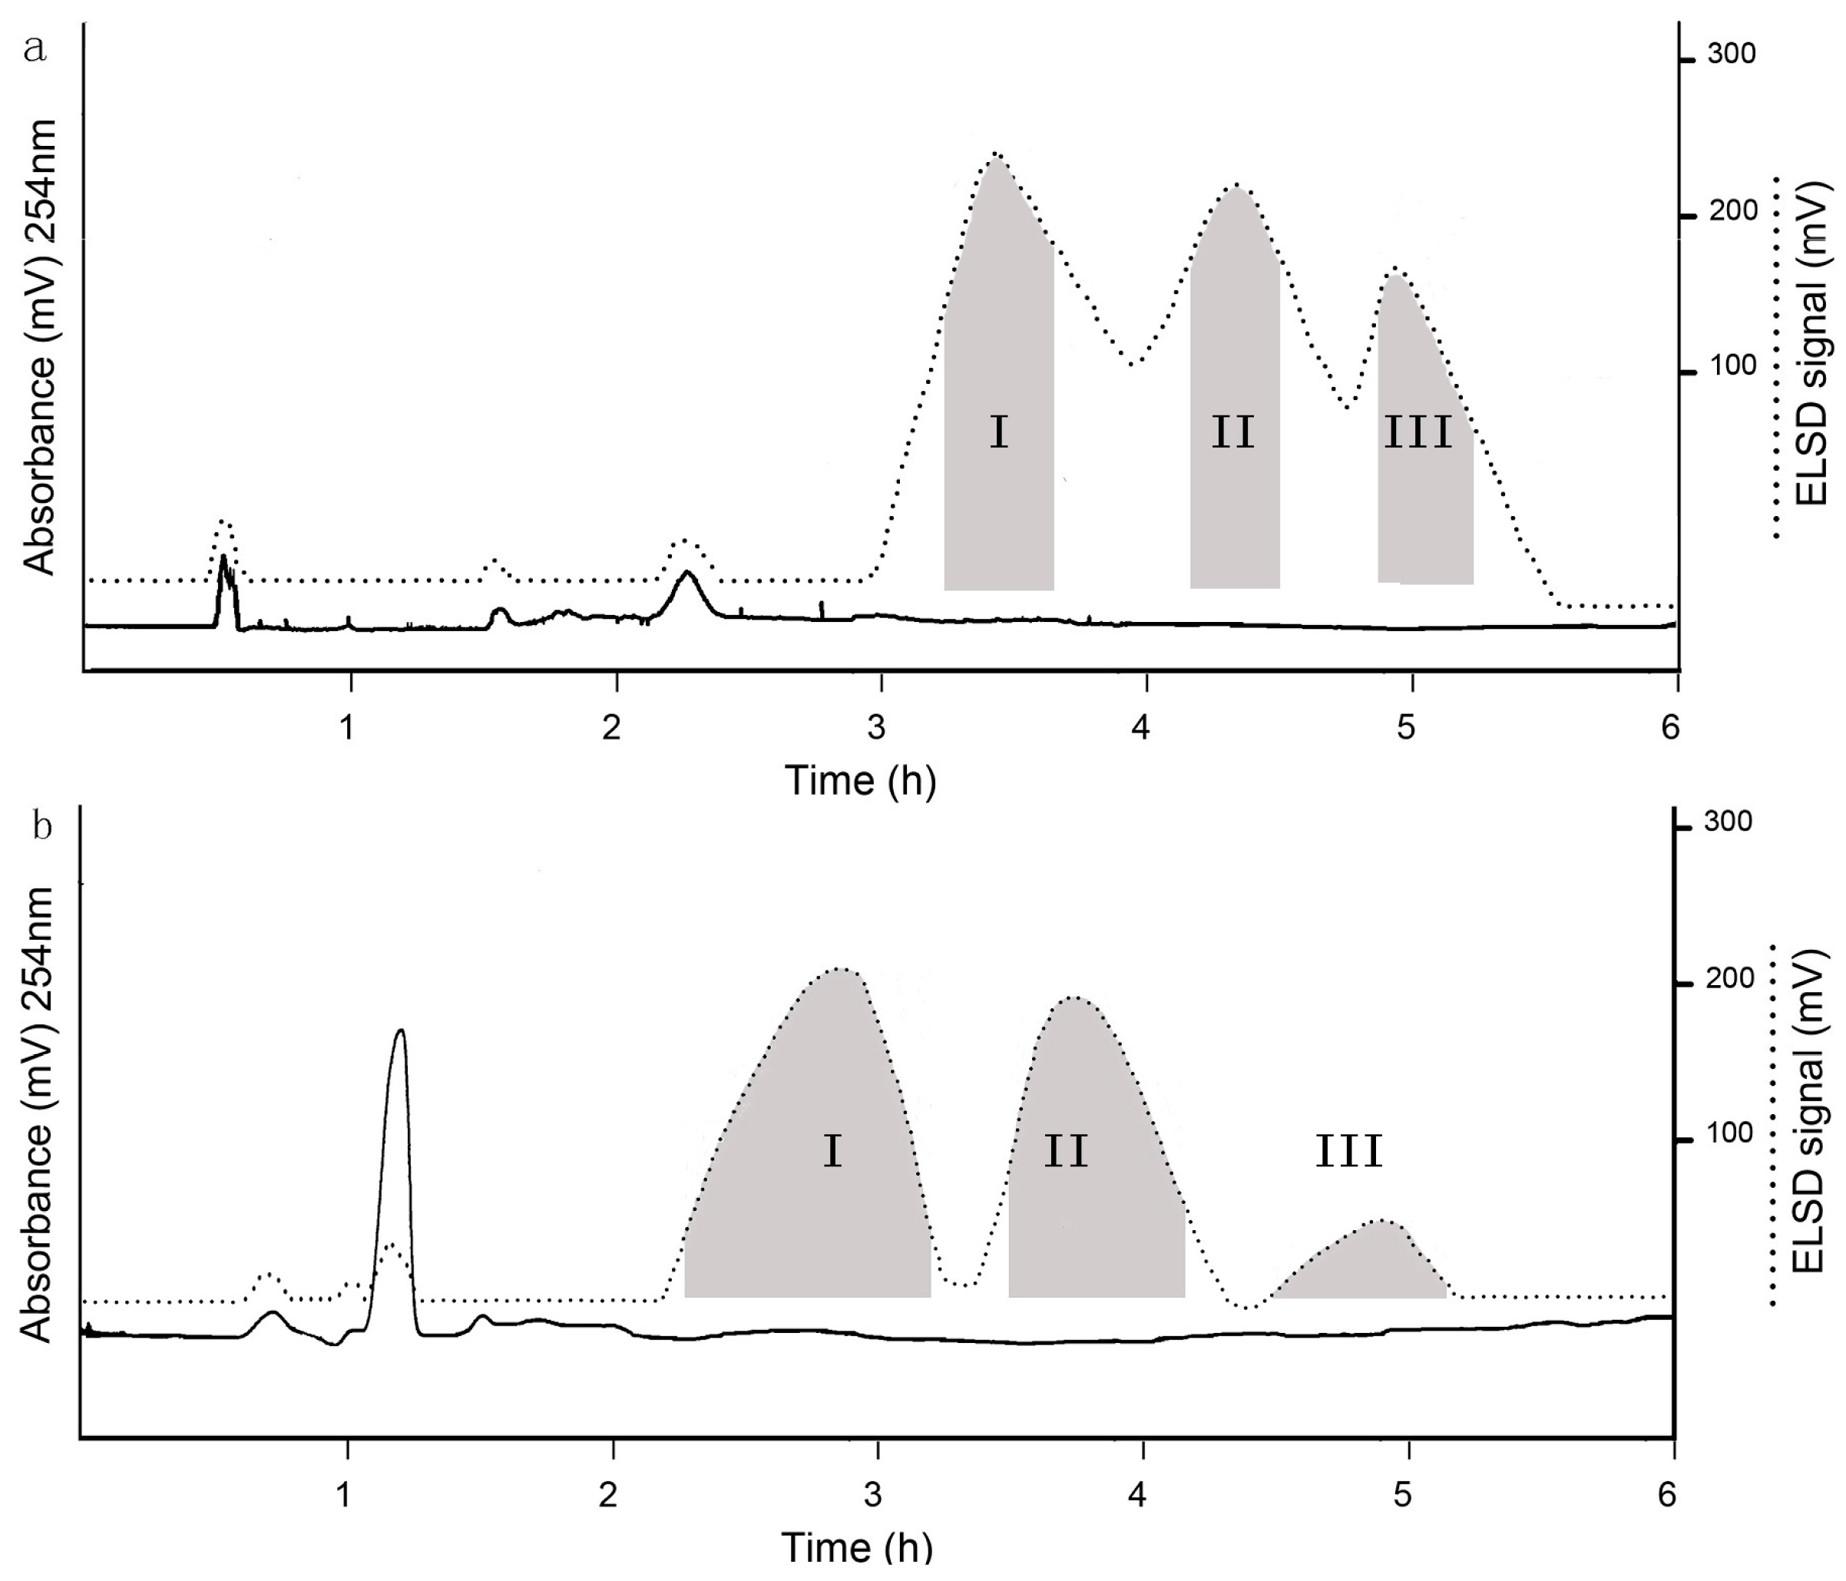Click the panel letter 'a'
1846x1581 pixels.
(x=35, y=48)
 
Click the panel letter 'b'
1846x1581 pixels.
(x=42, y=826)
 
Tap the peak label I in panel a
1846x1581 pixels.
(x=999, y=433)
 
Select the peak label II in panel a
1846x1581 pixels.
(x=1233, y=433)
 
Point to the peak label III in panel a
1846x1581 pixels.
(x=1418, y=433)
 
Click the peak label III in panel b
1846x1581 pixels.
(x=1349, y=1152)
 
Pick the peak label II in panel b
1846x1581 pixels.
(x=1066, y=1152)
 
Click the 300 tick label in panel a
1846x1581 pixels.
(x=1731, y=55)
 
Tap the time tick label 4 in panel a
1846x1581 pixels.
(x=1140, y=728)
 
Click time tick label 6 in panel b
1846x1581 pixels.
(x=1667, y=1493)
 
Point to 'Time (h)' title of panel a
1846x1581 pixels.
(x=860, y=781)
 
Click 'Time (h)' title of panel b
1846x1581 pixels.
(x=857, y=1548)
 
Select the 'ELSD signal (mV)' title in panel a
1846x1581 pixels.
(x=1812, y=344)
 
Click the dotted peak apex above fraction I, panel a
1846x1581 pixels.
(x=996, y=154)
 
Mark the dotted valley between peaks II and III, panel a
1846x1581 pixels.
(x=1346, y=408)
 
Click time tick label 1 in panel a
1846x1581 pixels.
(x=346, y=728)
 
